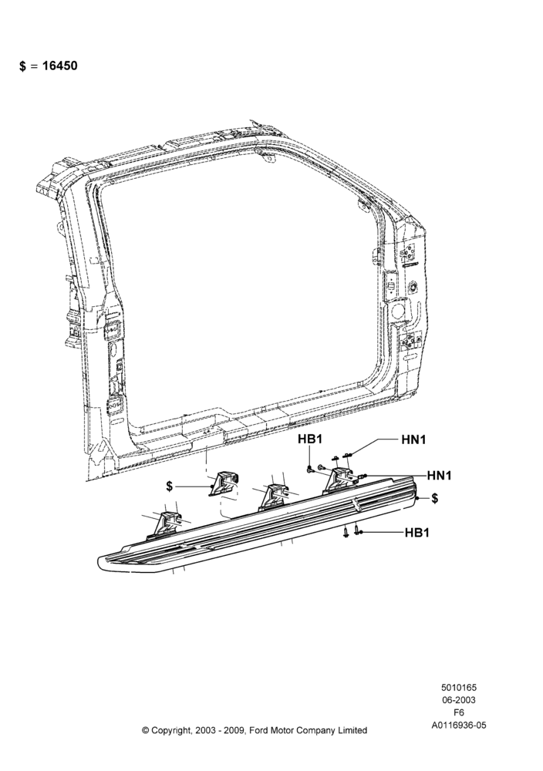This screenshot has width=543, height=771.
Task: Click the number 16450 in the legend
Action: click(59, 66)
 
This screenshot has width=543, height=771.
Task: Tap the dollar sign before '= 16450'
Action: click(22, 66)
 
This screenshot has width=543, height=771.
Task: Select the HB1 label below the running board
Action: click(417, 533)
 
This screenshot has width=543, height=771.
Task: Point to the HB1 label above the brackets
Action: click(310, 439)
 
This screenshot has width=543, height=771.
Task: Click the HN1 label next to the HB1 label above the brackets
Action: click(413, 439)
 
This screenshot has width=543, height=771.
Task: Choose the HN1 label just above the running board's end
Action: click(439, 476)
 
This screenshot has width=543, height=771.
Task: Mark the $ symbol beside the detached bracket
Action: click(170, 487)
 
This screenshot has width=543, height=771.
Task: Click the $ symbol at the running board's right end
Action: click(435, 499)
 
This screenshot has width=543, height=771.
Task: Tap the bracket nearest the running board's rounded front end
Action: click(167, 524)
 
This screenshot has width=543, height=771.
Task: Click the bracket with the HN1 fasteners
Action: click(340, 480)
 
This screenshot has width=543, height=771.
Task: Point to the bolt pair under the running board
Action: click(352, 532)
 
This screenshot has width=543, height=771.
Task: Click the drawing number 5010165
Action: click(458, 688)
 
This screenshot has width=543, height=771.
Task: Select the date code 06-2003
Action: click(458, 700)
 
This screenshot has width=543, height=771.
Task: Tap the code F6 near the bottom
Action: click(458, 712)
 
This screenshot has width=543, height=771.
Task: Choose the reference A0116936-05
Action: click(459, 725)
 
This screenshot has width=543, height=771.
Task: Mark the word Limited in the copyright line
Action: click(352, 730)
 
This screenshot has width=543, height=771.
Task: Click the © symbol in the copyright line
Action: click(145, 730)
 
